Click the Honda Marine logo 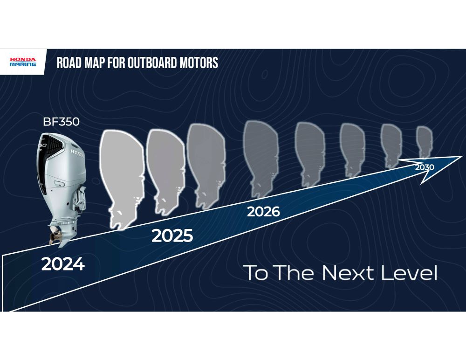(x=23, y=62)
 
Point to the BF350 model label (x=61, y=122)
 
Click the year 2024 (x=63, y=264)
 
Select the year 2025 (x=172, y=235)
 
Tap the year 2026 (x=263, y=212)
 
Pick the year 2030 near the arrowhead (x=425, y=167)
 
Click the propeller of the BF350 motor (x=56, y=235)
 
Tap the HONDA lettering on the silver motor (x=77, y=153)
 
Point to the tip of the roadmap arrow (x=462, y=157)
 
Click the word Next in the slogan (x=348, y=272)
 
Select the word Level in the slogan (x=409, y=272)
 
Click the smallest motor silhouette (x=424, y=143)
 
